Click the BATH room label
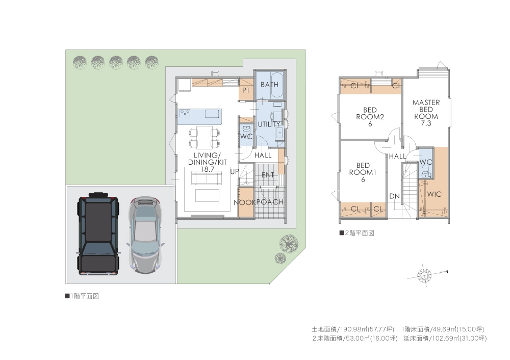[x=269, y=85]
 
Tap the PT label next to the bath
[x=246, y=90]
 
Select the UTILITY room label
[x=269, y=124]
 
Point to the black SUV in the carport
[x=98, y=233]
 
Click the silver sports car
[x=145, y=235]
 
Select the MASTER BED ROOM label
[x=426, y=113]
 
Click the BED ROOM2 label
[x=370, y=117]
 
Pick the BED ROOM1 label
[x=363, y=172]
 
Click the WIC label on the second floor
[x=434, y=194]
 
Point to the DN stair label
[x=395, y=196]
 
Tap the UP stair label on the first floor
[x=235, y=171]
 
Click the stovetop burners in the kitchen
[x=185, y=113]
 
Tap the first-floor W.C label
[x=246, y=137]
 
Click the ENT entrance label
[x=268, y=175]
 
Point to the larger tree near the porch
[x=289, y=243]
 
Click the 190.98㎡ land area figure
[x=352, y=329]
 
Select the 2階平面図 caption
[x=357, y=233]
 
